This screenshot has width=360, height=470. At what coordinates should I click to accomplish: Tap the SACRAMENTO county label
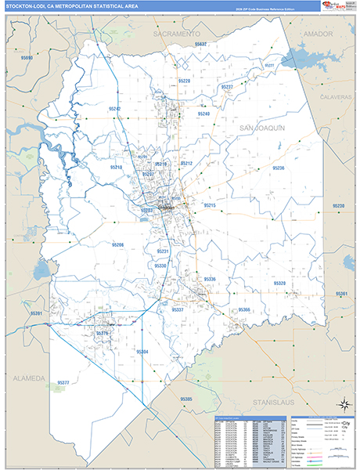[178, 36]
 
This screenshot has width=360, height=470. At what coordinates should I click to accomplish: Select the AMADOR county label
[313, 34]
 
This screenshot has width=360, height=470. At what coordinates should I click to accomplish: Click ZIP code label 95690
[27, 59]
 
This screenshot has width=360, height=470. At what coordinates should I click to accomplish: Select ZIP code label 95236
[278, 168]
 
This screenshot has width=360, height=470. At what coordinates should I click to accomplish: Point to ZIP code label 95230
[338, 206]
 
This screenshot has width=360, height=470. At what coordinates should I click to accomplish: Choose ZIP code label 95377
[63, 382]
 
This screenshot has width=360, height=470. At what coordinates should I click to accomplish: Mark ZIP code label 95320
[279, 283]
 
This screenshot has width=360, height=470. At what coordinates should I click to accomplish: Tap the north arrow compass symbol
[342, 405]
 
